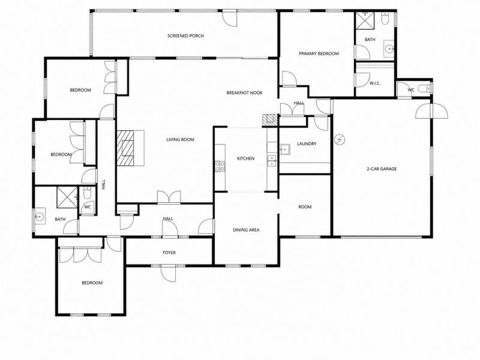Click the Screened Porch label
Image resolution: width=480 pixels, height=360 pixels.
tap(185, 36)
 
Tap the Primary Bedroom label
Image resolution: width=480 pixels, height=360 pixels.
tap(319, 53)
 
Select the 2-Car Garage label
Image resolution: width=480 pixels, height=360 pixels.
tap(382, 169)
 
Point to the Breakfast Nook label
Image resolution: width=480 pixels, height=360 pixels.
tap(244, 93)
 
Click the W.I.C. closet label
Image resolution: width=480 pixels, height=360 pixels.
tap(374, 83)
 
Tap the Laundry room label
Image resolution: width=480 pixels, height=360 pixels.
tap(307, 143)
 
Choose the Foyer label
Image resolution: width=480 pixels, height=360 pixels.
tap(169, 253)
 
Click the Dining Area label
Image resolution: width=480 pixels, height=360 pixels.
tap(246, 230)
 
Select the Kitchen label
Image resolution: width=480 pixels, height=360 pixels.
tap(245, 158)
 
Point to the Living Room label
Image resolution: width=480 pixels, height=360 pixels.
tap(180, 140)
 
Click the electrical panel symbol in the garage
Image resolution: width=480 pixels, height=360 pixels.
tap(340, 140)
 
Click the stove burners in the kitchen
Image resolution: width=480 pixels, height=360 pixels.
tap(220, 167)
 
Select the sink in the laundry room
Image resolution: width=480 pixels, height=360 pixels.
tap(284, 149)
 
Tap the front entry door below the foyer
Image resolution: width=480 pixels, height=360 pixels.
tap(169, 273)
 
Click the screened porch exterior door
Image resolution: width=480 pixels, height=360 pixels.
tap(230, 19)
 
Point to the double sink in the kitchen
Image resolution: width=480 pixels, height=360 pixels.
tap(272, 161)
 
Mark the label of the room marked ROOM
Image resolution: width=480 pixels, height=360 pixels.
tap(305, 207)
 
